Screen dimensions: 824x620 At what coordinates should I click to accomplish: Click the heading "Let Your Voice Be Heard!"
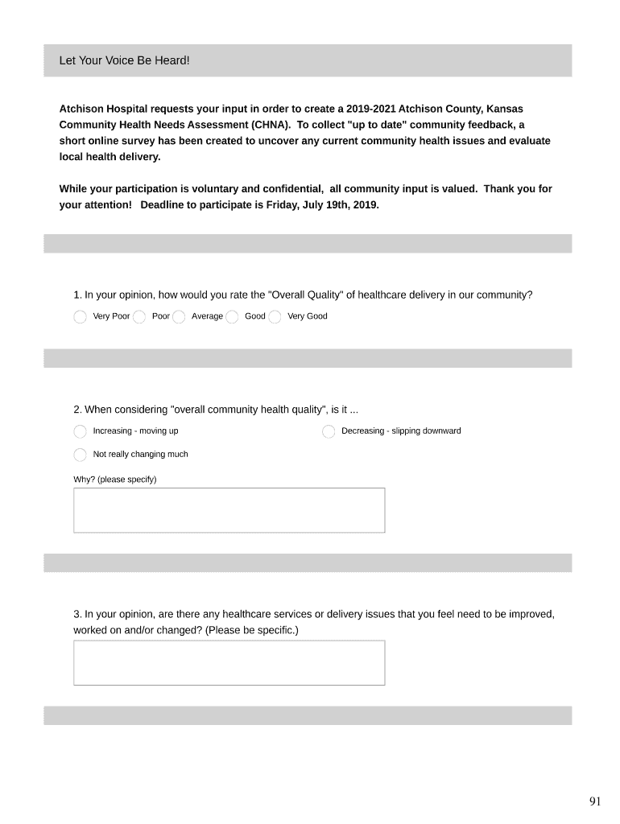(x=124, y=61)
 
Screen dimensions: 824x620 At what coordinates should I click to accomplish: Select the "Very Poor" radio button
(x=80, y=317)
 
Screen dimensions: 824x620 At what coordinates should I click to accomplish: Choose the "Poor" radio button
(x=139, y=317)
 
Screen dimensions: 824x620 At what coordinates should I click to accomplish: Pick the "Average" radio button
(x=179, y=317)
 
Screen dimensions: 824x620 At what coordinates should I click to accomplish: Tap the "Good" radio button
(x=232, y=317)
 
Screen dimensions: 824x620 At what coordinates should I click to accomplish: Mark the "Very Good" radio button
(x=275, y=317)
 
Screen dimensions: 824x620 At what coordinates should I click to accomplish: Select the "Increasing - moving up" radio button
(x=80, y=432)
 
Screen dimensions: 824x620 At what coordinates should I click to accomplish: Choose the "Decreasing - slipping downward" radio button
(x=329, y=432)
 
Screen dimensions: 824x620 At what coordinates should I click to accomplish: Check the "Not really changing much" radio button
(x=80, y=455)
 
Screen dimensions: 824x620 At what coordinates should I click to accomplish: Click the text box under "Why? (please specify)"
(x=229, y=510)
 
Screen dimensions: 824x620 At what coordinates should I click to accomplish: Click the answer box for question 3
(x=229, y=663)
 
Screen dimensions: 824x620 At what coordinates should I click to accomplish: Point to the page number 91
(x=595, y=801)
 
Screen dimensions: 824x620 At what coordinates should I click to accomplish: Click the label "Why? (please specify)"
(x=115, y=480)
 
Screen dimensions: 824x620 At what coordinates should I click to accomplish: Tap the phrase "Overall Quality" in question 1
(x=304, y=295)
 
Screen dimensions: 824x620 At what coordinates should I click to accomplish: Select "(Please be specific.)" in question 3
(x=252, y=630)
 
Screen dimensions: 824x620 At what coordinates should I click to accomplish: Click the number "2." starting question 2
(x=77, y=410)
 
